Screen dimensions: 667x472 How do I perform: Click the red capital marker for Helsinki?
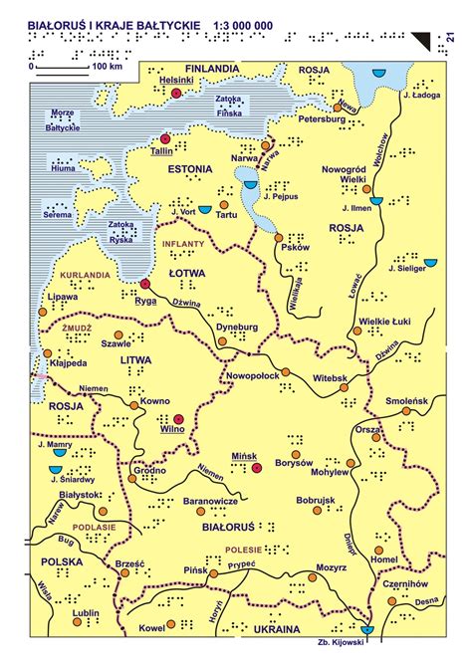(176, 93)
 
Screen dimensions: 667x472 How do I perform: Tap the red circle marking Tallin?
(166, 139)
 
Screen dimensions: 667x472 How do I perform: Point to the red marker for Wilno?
(178, 419)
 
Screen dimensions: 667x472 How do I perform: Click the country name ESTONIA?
(189, 170)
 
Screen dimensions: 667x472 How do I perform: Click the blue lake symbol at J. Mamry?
(59, 452)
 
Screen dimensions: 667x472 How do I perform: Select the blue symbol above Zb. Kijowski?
(368, 630)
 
